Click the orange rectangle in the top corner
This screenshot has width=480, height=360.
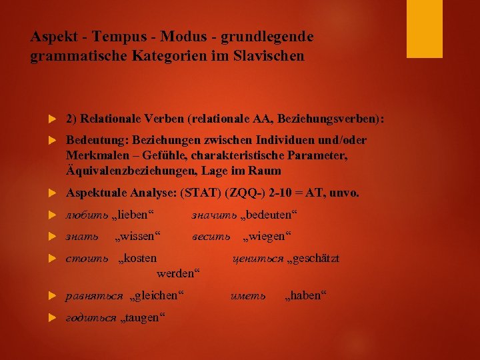(425, 28)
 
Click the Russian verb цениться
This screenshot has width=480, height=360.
(257, 258)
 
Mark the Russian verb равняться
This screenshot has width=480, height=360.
(94, 295)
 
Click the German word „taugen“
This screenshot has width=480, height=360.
(142, 317)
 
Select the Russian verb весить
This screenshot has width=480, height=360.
(211, 236)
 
